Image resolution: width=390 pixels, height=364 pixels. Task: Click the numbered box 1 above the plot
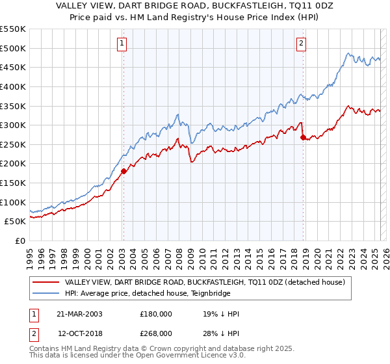pos(122,44)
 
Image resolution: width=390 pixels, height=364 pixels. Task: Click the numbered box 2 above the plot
pos(302,44)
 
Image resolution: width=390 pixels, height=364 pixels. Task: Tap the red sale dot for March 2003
pos(123,172)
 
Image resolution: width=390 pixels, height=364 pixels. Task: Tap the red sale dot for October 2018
pos(303,137)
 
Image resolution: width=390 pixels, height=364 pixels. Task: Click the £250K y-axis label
pos(13,144)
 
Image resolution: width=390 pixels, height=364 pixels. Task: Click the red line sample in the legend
pos(45,283)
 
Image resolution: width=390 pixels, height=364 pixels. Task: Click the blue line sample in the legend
pos(45,293)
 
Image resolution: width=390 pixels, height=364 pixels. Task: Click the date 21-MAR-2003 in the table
pos(79,314)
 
